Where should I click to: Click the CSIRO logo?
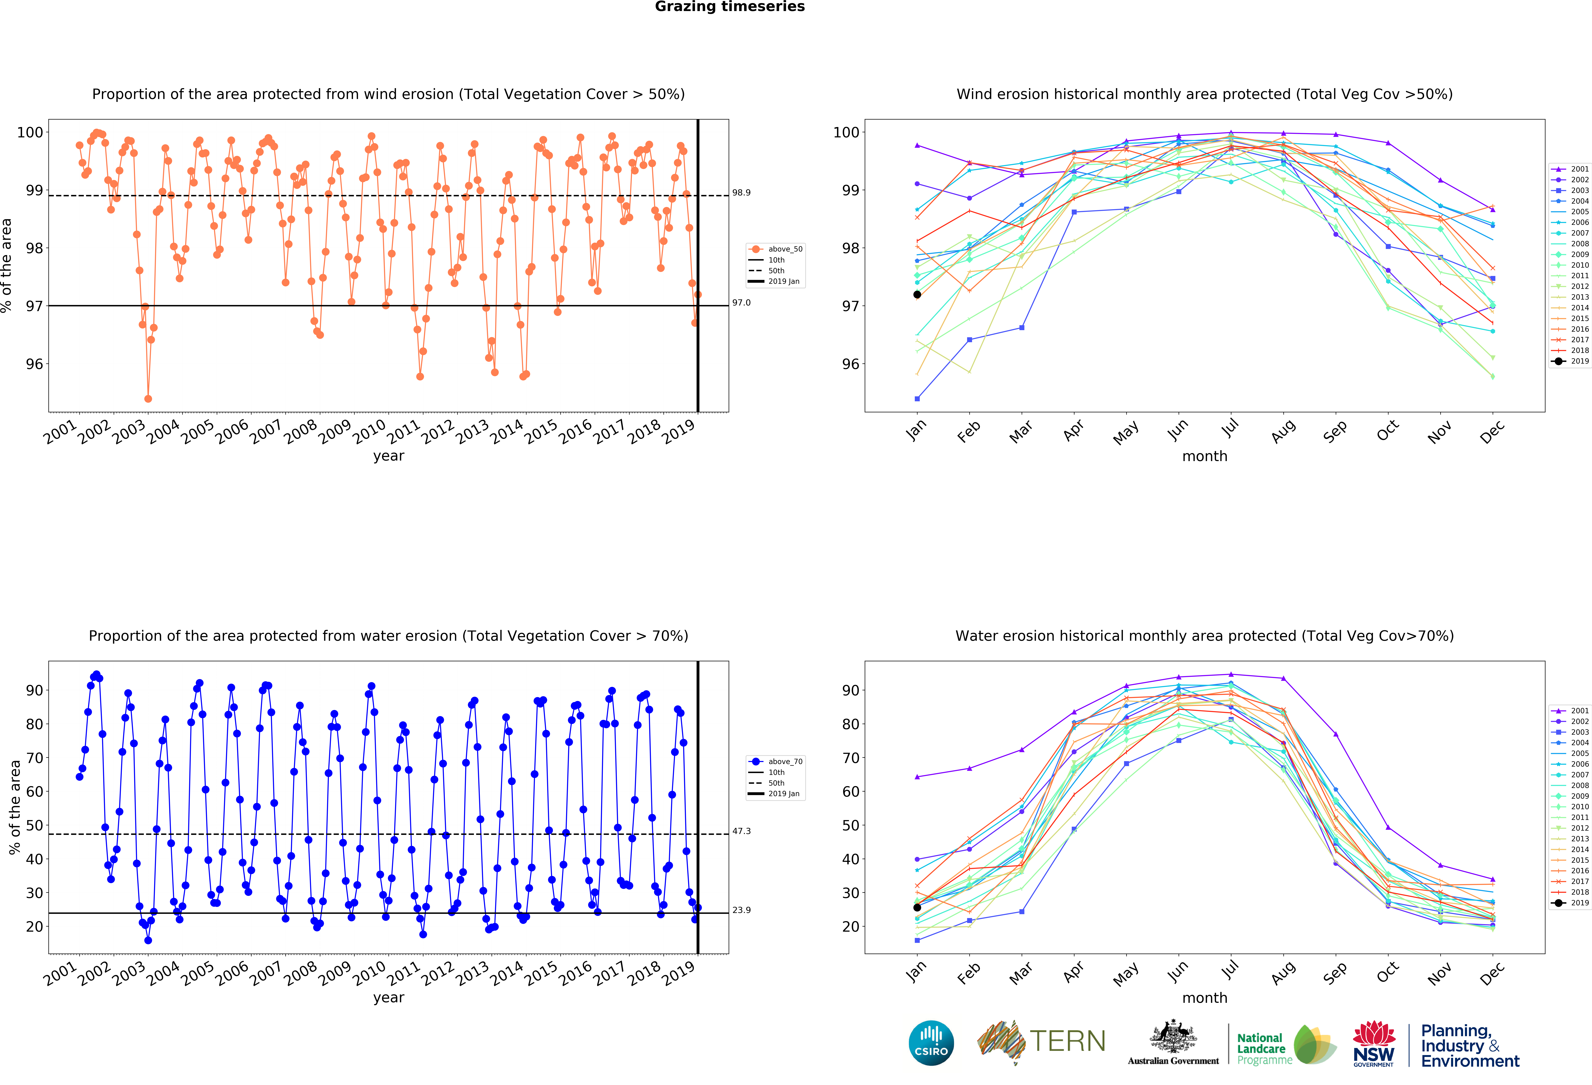pyautogui.click(x=931, y=1043)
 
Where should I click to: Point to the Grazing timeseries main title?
pyautogui.click(x=730, y=7)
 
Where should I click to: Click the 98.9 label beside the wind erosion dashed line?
pyautogui.click(x=741, y=192)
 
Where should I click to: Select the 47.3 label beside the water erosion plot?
pyautogui.click(x=741, y=831)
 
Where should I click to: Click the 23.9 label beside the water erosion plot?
pyautogui.click(x=741, y=910)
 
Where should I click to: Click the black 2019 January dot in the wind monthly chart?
pyautogui.click(x=917, y=294)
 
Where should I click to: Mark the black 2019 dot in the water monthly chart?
pyautogui.click(x=917, y=908)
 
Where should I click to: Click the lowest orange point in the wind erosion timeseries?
pyautogui.click(x=148, y=399)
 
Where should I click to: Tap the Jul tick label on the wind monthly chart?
pyautogui.click(x=1230, y=429)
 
